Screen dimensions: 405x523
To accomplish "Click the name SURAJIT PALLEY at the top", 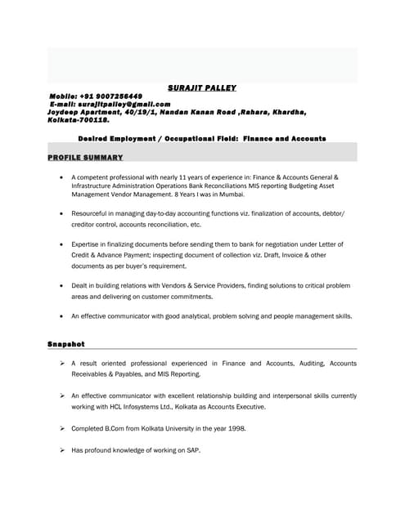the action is coord(201,87).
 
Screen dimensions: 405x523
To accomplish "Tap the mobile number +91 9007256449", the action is coord(115,96).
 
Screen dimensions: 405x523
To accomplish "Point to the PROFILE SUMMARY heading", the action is coord(85,157).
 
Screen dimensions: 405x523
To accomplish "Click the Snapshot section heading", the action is coord(65,344).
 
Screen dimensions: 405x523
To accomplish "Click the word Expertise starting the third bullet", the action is coord(87,244).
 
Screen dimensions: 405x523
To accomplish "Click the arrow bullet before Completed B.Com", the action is coord(61,427).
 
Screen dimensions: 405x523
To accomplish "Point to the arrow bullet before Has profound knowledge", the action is coord(61,450).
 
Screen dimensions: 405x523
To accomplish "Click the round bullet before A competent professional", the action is coord(62,177).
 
